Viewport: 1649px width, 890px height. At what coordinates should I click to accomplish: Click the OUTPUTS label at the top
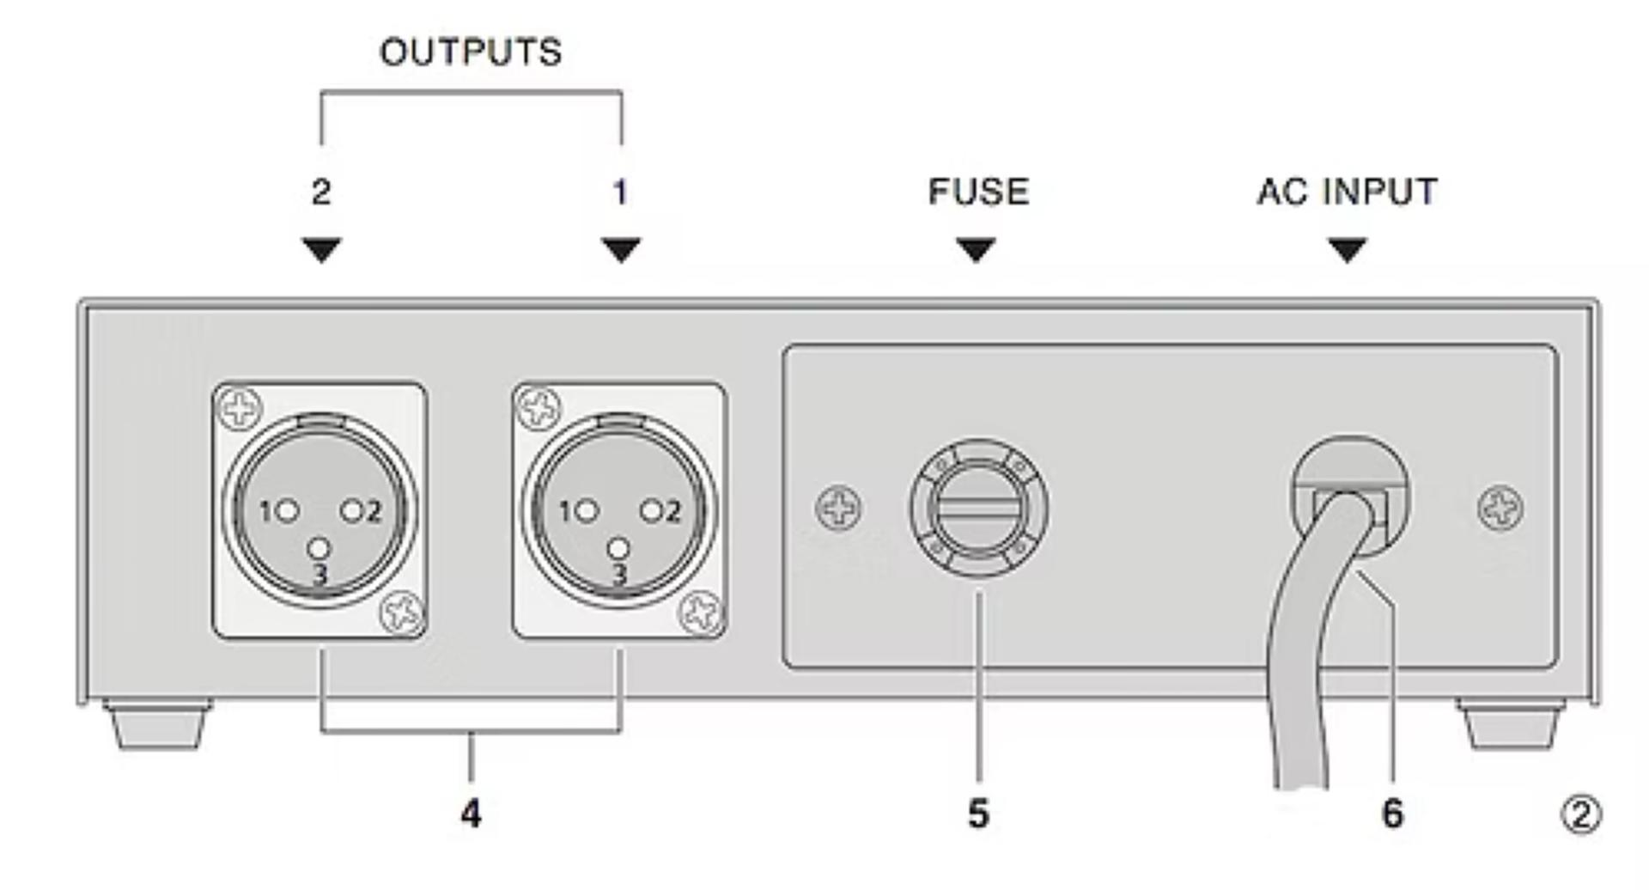(471, 52)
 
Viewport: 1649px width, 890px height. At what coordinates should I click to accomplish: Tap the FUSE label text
(978, 192)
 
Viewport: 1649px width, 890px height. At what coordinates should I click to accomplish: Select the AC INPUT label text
(1347, 192)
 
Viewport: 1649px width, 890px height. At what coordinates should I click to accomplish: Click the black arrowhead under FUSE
(977, 249)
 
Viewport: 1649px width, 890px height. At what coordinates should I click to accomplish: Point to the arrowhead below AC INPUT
(1347, 249)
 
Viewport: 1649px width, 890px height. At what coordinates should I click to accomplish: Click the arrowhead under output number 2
(322, 249)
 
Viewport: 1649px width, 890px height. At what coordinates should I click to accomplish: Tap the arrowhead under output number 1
(621, 249)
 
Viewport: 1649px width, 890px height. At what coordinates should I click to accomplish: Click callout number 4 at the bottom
(471, 814)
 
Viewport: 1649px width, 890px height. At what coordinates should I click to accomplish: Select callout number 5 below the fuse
(978, 814)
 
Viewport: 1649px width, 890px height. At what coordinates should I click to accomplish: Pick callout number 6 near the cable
(1392, 814)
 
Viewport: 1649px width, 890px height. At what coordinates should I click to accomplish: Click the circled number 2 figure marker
(1580, 814)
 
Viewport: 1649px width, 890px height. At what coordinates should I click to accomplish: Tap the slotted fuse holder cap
(978, 509)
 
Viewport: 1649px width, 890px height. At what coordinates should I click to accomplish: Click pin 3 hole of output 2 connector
(319, 548)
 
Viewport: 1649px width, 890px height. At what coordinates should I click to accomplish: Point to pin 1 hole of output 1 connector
(588, 512)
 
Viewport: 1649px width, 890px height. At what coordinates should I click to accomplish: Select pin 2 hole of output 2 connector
(352, 511)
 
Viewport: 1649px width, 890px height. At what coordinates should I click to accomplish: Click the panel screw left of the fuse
(838, 508)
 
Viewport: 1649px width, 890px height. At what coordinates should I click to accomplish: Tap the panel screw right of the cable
(1500, 508)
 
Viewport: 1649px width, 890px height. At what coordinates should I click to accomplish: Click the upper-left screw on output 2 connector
(240, 408)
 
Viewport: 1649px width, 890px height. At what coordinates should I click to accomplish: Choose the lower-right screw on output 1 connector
(701, 613)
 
